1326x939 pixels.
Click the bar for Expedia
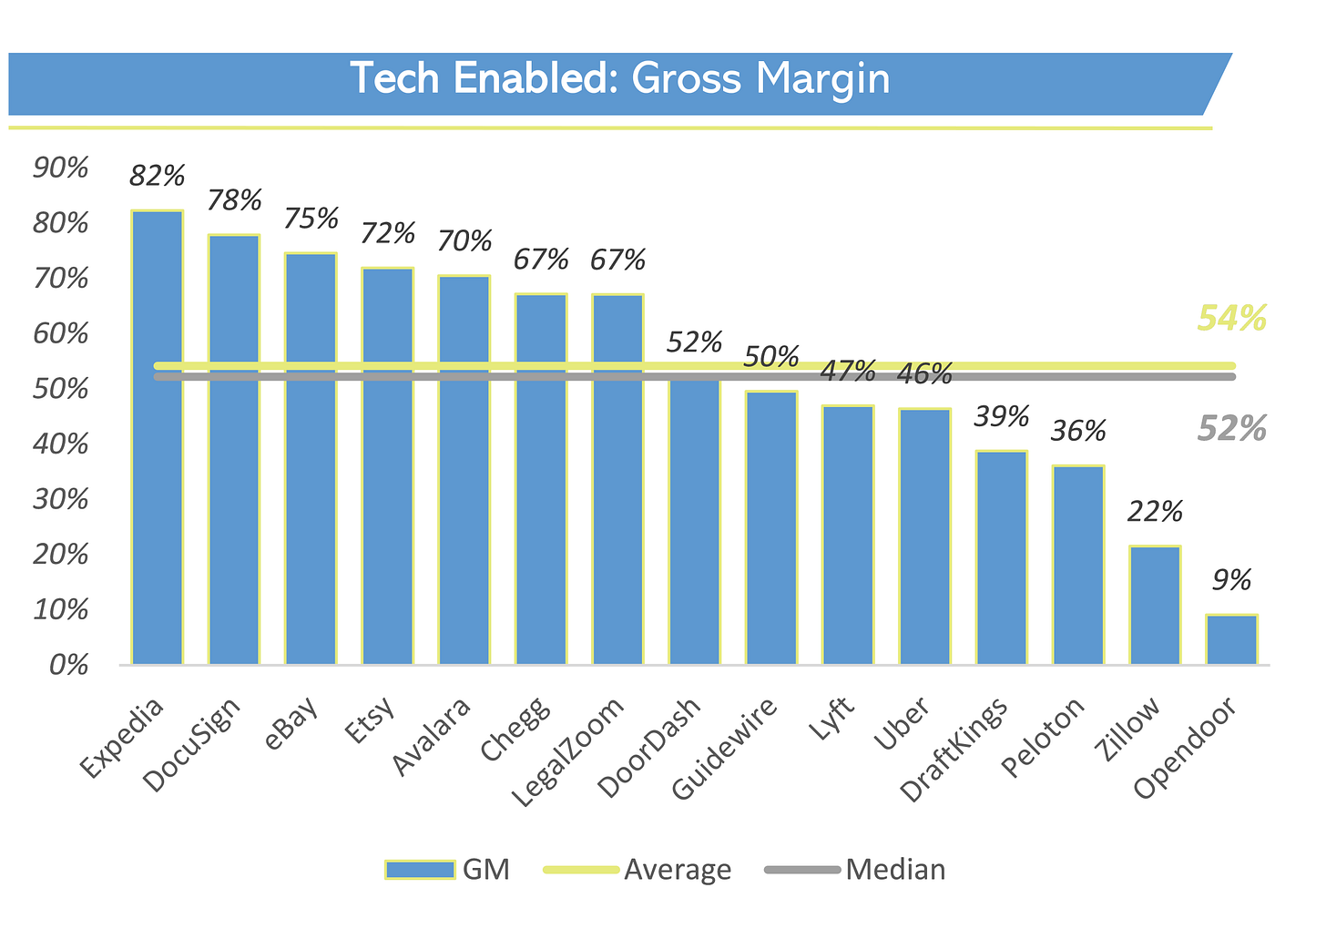[x=157, y=437]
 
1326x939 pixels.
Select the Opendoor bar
[x=1231, y=639]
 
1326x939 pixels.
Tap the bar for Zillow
[x=1155, y=605]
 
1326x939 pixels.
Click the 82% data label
[x=157, y=175]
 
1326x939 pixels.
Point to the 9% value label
[x=1231, y=580]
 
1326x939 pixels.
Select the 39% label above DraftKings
[x=1001, y=416]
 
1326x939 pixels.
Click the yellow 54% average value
[x=1231, y=319]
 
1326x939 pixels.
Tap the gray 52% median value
[x=1231, y=428]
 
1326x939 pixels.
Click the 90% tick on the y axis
[x=60, y=168]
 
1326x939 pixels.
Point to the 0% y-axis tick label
[x=67, y=665]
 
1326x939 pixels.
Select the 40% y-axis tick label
[x=60, y=444]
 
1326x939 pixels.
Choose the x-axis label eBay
[x=291, y=724]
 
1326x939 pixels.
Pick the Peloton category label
[x=1045, y=738]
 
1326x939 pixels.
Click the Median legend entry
[x=894, y=870]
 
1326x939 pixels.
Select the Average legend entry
[x=677, y=870]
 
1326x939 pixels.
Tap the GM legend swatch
[x=420, y=870]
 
